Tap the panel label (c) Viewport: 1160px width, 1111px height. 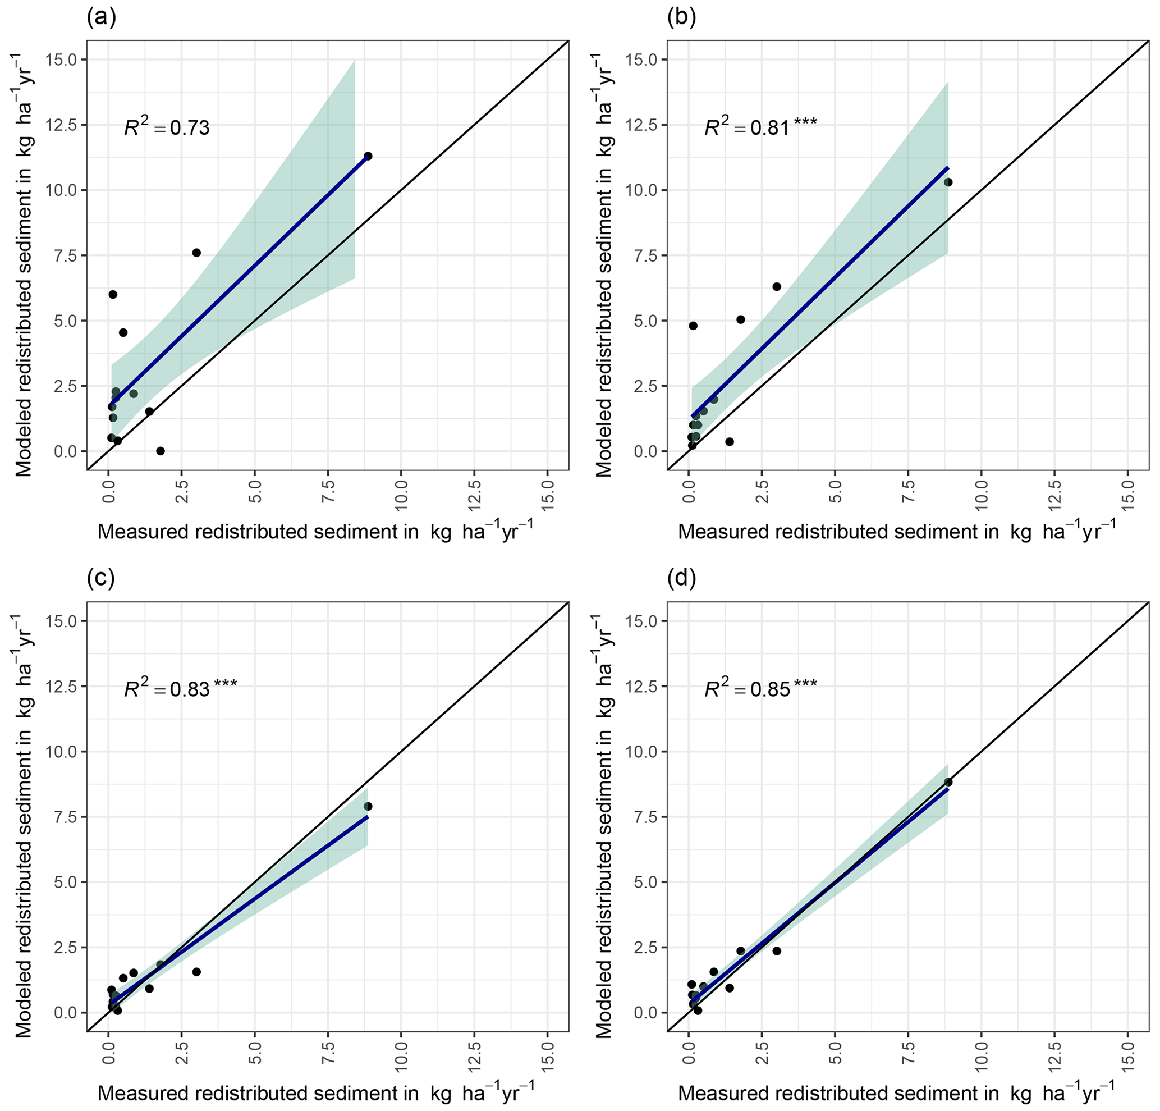pyautogui.click(x=100, y=578)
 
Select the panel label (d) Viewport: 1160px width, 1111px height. pyautogui.click(x=681, y=578)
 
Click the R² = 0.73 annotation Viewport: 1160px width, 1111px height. pyautogui.click(x=166, y=127)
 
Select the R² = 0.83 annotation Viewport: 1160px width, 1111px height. pyautogui.click(x=180, y=688)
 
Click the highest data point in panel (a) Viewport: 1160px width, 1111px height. pyautogui.click(x=368, y=156)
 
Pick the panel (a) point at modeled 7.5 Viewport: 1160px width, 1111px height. pyautogui.click(x=196, y=253)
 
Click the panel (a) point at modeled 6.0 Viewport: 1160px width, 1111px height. pyautogui.click(x=112, y=294)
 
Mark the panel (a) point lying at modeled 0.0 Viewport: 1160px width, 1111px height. pyautogui.click(x=160, y=451)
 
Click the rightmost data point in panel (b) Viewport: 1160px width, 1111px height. pyautogui.click(x=948, y=182)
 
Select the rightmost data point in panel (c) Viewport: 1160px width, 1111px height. pyautogui.click(x=368, y=806)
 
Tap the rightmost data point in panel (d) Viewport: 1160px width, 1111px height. pyautogui.click(x=948, y=782)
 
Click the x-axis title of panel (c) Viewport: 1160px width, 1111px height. pyautogui.click(x=315, y=1092)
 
